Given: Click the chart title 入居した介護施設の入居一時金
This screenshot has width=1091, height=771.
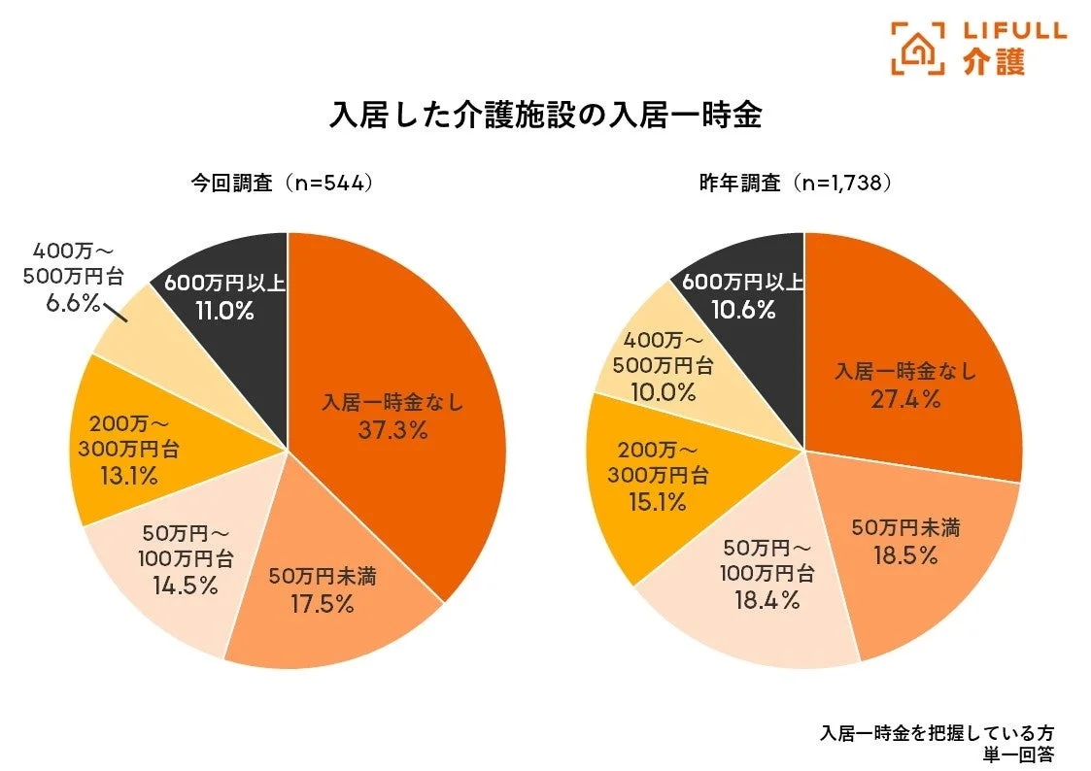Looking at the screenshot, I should coord(545,115).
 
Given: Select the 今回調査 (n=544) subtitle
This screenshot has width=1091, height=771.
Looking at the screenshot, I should coord(281,183).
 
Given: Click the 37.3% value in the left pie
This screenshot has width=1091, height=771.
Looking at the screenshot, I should coord(392,430).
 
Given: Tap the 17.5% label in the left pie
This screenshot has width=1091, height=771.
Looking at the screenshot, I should coord(322,604).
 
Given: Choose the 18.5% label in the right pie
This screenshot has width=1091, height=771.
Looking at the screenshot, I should coord(905,556).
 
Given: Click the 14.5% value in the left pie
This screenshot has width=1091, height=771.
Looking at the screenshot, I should coord(185,586).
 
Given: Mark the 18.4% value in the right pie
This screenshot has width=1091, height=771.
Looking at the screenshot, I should coord(767,600).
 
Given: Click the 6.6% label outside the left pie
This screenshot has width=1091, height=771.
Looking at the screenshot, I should coord(73,304).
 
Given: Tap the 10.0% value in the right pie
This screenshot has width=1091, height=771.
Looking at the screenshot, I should coord(663,392).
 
